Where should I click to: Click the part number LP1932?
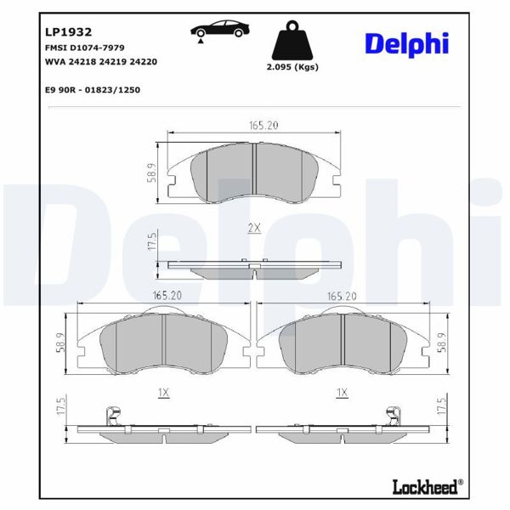coord(68,31)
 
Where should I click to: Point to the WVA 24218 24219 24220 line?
coord(99,62)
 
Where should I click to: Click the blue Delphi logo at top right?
coord(407,43)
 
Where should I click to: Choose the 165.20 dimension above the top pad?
coord(253,125)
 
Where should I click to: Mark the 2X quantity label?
coord(253,227)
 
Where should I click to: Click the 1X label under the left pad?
coord(164,392)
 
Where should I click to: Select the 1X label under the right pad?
coord(342,392)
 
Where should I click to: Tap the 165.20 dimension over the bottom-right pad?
coord(342,296)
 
